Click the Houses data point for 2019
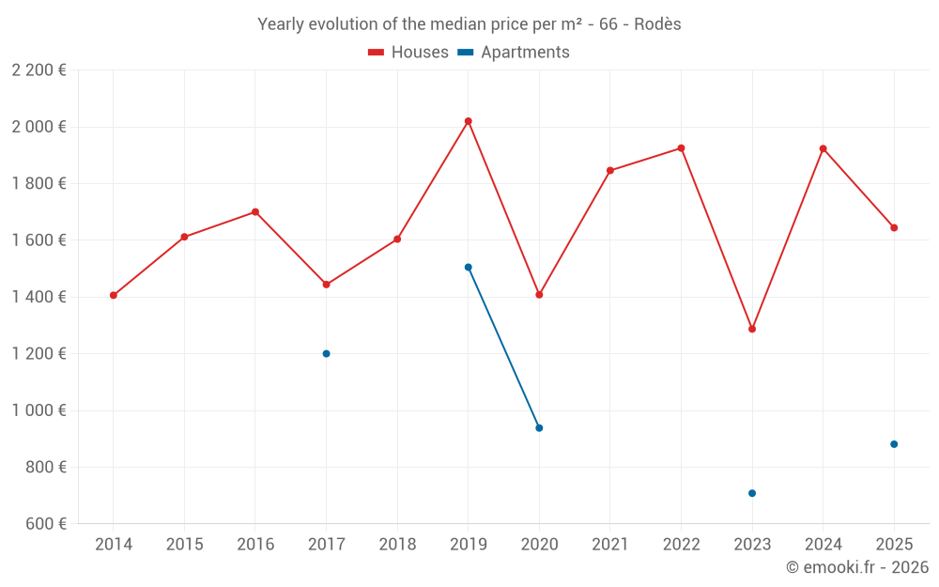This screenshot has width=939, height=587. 468,121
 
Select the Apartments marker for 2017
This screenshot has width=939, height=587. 326,354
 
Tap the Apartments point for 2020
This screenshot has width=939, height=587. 539,428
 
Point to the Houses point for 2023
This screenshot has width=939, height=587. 752,329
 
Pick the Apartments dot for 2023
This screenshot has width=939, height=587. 752,493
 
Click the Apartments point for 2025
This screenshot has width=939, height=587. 894,444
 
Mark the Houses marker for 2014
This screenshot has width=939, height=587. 114,295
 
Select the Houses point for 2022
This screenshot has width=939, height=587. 681,148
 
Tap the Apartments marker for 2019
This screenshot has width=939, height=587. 468,268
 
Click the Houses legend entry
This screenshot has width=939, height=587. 408,53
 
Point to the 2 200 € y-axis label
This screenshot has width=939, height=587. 38,70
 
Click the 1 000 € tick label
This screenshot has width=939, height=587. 38,410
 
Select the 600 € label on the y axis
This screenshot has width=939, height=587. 44,523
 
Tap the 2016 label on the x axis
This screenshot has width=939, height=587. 255,545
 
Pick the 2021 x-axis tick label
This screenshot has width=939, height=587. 610,545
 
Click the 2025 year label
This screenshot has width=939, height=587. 894,545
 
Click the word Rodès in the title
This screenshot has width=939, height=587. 657,24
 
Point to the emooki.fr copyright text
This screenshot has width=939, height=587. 857,567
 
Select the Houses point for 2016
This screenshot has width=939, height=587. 255,212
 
